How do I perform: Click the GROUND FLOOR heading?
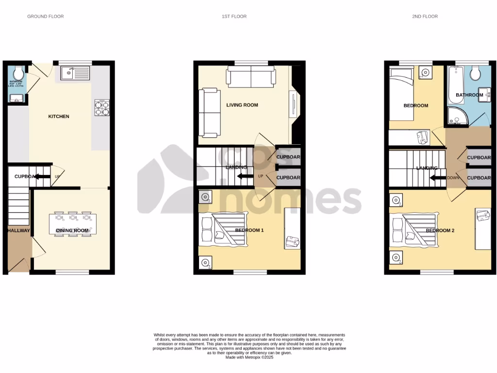tap(45, 17)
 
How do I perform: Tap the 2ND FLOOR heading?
tap(425, 17)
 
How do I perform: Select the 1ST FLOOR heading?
tap(234, 17)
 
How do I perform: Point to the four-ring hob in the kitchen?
tap(102, 107)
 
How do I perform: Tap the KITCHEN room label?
tap(58, 117)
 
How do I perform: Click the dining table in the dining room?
tap(73, 224)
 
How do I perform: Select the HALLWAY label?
tap(18, 231)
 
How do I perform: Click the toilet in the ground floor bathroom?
tap(18, 74)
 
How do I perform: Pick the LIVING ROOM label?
tap(242, 105)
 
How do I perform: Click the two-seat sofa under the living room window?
tap(250, 77)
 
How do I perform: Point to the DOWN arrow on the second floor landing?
tap(439, 177)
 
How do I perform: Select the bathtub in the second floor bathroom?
tap(456, 86)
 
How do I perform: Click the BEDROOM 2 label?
tap(440, 230)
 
